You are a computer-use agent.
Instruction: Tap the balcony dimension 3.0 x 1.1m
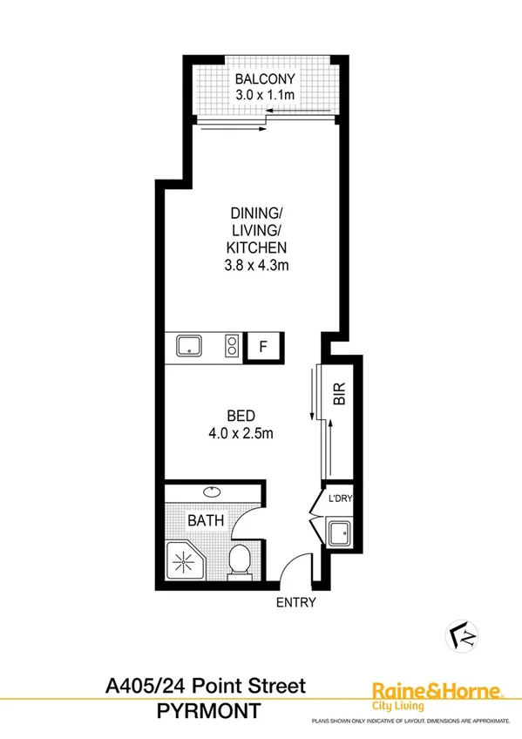[262, 93]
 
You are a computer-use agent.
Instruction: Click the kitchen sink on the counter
[188, 347]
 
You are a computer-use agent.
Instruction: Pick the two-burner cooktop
[233, 347]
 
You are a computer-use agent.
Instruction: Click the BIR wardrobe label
[340, 397]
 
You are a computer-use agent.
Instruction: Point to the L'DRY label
[338, 499]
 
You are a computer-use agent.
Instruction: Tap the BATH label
[207, 521]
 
